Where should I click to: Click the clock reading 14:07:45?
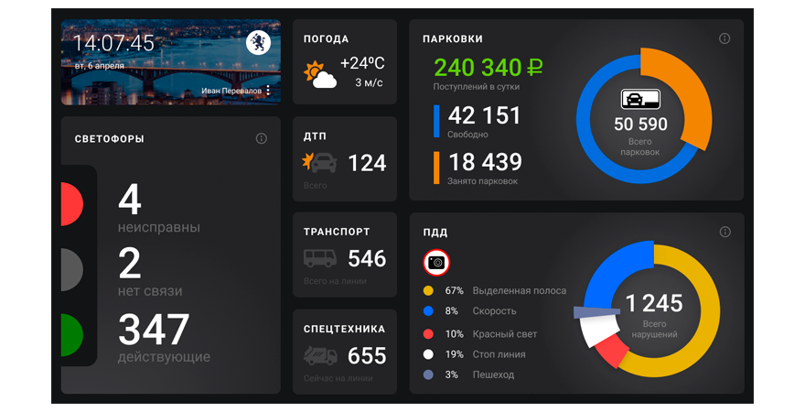click(x=114, y=44)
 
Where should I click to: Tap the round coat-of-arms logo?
click(x=259, y=43)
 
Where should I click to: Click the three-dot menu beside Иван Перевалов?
click(x=268, y=91)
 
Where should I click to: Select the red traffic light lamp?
click(x=71, y=203)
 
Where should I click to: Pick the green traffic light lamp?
click(x=71, y=335)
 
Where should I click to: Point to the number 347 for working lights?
click(x=154, y=331)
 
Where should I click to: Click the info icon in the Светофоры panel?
click(x=262, y=138)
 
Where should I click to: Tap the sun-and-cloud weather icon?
click(x=320, y=73)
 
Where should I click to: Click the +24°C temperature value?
click(x=362, y=63)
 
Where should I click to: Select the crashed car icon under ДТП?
click(x=319, y=163)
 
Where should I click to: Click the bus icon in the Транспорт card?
click(x=320, y=259)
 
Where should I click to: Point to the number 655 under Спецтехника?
click(x=367, y=355)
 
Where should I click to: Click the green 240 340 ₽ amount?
click(x=488, y=67)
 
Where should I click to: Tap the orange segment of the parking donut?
click(x=689, y=92)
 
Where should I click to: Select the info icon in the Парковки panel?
click(x=724, y=38)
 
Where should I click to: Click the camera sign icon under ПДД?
click(x=437, y=263)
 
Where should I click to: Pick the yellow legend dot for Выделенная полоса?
click(x=428, y=290)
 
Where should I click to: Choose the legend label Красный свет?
click(x=505, y=334)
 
